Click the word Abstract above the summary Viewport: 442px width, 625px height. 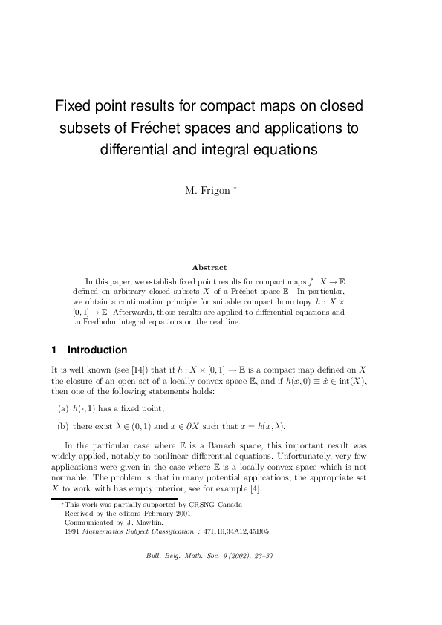click(x=209, y=267)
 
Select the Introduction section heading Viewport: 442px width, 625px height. click(x=97, y=350)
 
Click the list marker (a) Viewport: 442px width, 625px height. click(x=63, y=409)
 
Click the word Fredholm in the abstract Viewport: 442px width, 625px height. click(x=98, y=321)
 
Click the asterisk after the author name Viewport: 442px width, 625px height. click(x=235, y=189)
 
